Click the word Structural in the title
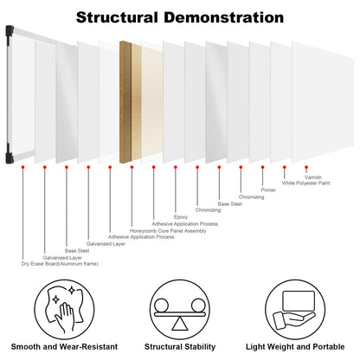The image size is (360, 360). coord(117,17)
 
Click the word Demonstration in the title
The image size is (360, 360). coord(224,17)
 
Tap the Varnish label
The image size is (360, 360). coord(313,177)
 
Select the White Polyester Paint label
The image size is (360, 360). coord(305,183)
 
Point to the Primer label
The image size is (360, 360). coord(268,190)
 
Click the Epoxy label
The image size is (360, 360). coord(181,217)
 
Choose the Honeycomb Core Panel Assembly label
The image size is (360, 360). coord(168,231)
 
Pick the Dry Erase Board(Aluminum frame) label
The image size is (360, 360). coord(60,264)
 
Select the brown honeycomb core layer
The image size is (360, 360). coord(125,102)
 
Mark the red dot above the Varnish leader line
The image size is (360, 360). coord(306,167)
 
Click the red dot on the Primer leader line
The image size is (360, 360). coord(262,167)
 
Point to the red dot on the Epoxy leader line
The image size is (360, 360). coord(176,167)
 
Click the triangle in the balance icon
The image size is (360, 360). coord(180,324)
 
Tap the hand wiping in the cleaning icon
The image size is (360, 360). coord(65,318)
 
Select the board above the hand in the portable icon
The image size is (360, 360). coord(299,301)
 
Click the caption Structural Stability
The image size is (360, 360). coord(180,346)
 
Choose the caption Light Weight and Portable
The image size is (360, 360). coord(295,347)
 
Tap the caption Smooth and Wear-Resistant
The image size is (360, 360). coord(64,346)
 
